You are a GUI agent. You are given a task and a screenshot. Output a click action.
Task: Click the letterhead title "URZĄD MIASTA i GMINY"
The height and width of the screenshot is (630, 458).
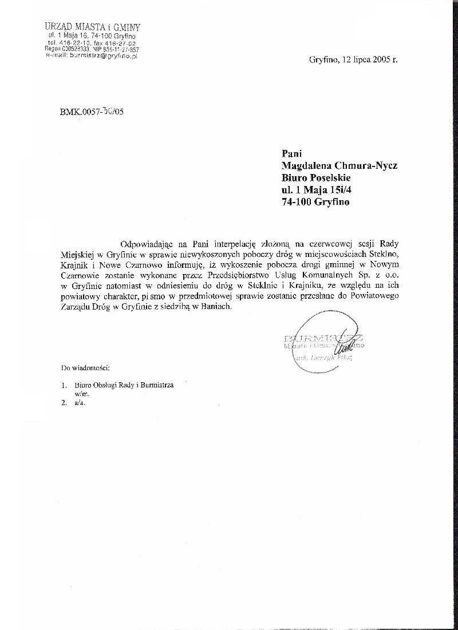[92, 27]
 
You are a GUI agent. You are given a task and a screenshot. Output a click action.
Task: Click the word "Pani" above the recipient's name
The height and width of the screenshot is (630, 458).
[291, 153]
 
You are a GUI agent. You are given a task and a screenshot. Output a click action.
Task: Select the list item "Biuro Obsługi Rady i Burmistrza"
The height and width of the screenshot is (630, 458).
[124, 386]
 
